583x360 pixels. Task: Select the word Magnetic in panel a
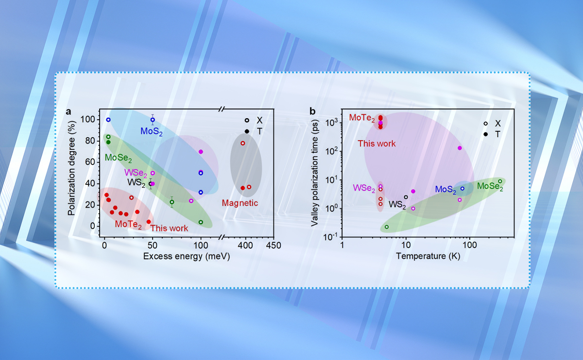[x=240, y=203]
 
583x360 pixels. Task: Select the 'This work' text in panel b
[x=377, y=144]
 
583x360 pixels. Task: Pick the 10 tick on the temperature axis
[x=406, y=246]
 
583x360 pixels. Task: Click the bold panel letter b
[x=312, y=111]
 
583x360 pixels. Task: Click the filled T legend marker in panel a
[x=247, y=131]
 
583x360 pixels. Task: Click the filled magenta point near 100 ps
[x=460, y=148]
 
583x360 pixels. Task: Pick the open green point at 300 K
[x=500, y=181]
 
